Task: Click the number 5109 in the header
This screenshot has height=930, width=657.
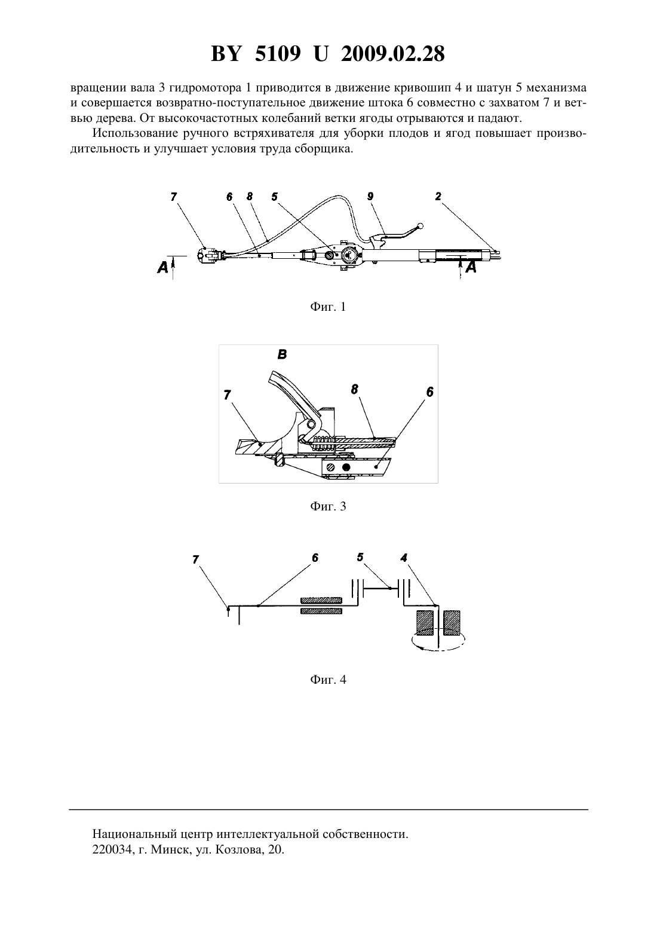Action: tap(278, 54)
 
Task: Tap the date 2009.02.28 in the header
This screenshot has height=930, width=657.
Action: tap(393, 54)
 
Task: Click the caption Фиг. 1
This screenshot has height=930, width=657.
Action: tap(328, 307)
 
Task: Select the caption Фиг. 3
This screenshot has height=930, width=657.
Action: tap(328, 506)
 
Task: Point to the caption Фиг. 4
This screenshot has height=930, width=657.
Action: tap(328, 679)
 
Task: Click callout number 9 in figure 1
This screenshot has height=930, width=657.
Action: tap(370, 196)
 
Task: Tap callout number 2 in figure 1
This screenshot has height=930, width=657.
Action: tap(438, 196)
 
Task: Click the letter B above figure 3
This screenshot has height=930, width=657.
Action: tap(282, 354)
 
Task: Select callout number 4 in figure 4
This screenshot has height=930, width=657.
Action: tap(404, 558)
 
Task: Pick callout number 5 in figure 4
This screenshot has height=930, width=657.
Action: tap(360, 557)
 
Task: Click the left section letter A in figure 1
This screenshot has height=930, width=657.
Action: tap(162, 268)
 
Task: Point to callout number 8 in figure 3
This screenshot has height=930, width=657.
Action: tap(354, 390)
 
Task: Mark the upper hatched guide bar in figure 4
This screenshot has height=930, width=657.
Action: tap(321, 600)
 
